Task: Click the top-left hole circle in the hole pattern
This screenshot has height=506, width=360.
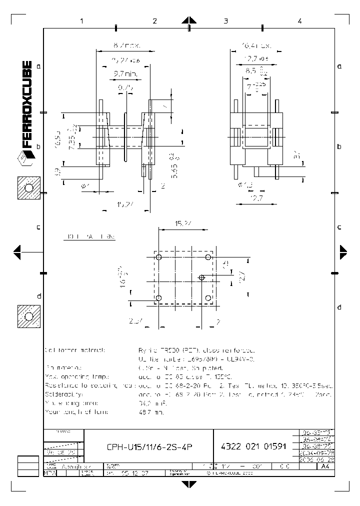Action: (x=158, y=257)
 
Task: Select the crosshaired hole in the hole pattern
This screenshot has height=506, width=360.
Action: (x=202, y=277)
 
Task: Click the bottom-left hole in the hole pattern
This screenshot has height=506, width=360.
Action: (x=158, y=298)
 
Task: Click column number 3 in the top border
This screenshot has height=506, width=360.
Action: (x=226, y=21)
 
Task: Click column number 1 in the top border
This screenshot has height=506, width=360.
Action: (x=81, y=21)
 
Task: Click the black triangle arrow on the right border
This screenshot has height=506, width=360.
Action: (x=343, y=252)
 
